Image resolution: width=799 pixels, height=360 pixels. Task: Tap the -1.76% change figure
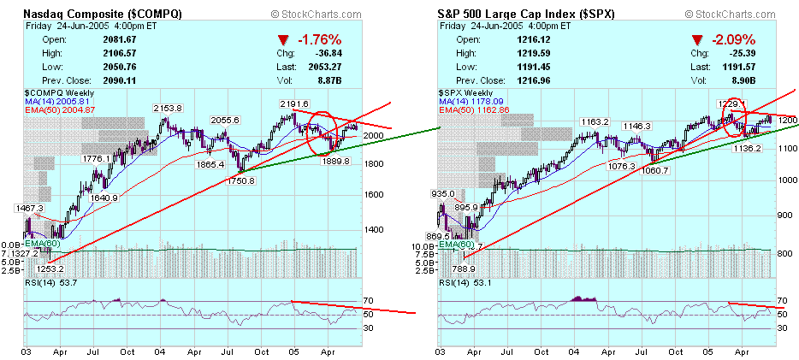(318, 39)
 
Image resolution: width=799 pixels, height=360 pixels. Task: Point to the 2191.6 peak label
(294, 103)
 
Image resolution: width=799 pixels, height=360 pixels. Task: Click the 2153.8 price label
(168, 109)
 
